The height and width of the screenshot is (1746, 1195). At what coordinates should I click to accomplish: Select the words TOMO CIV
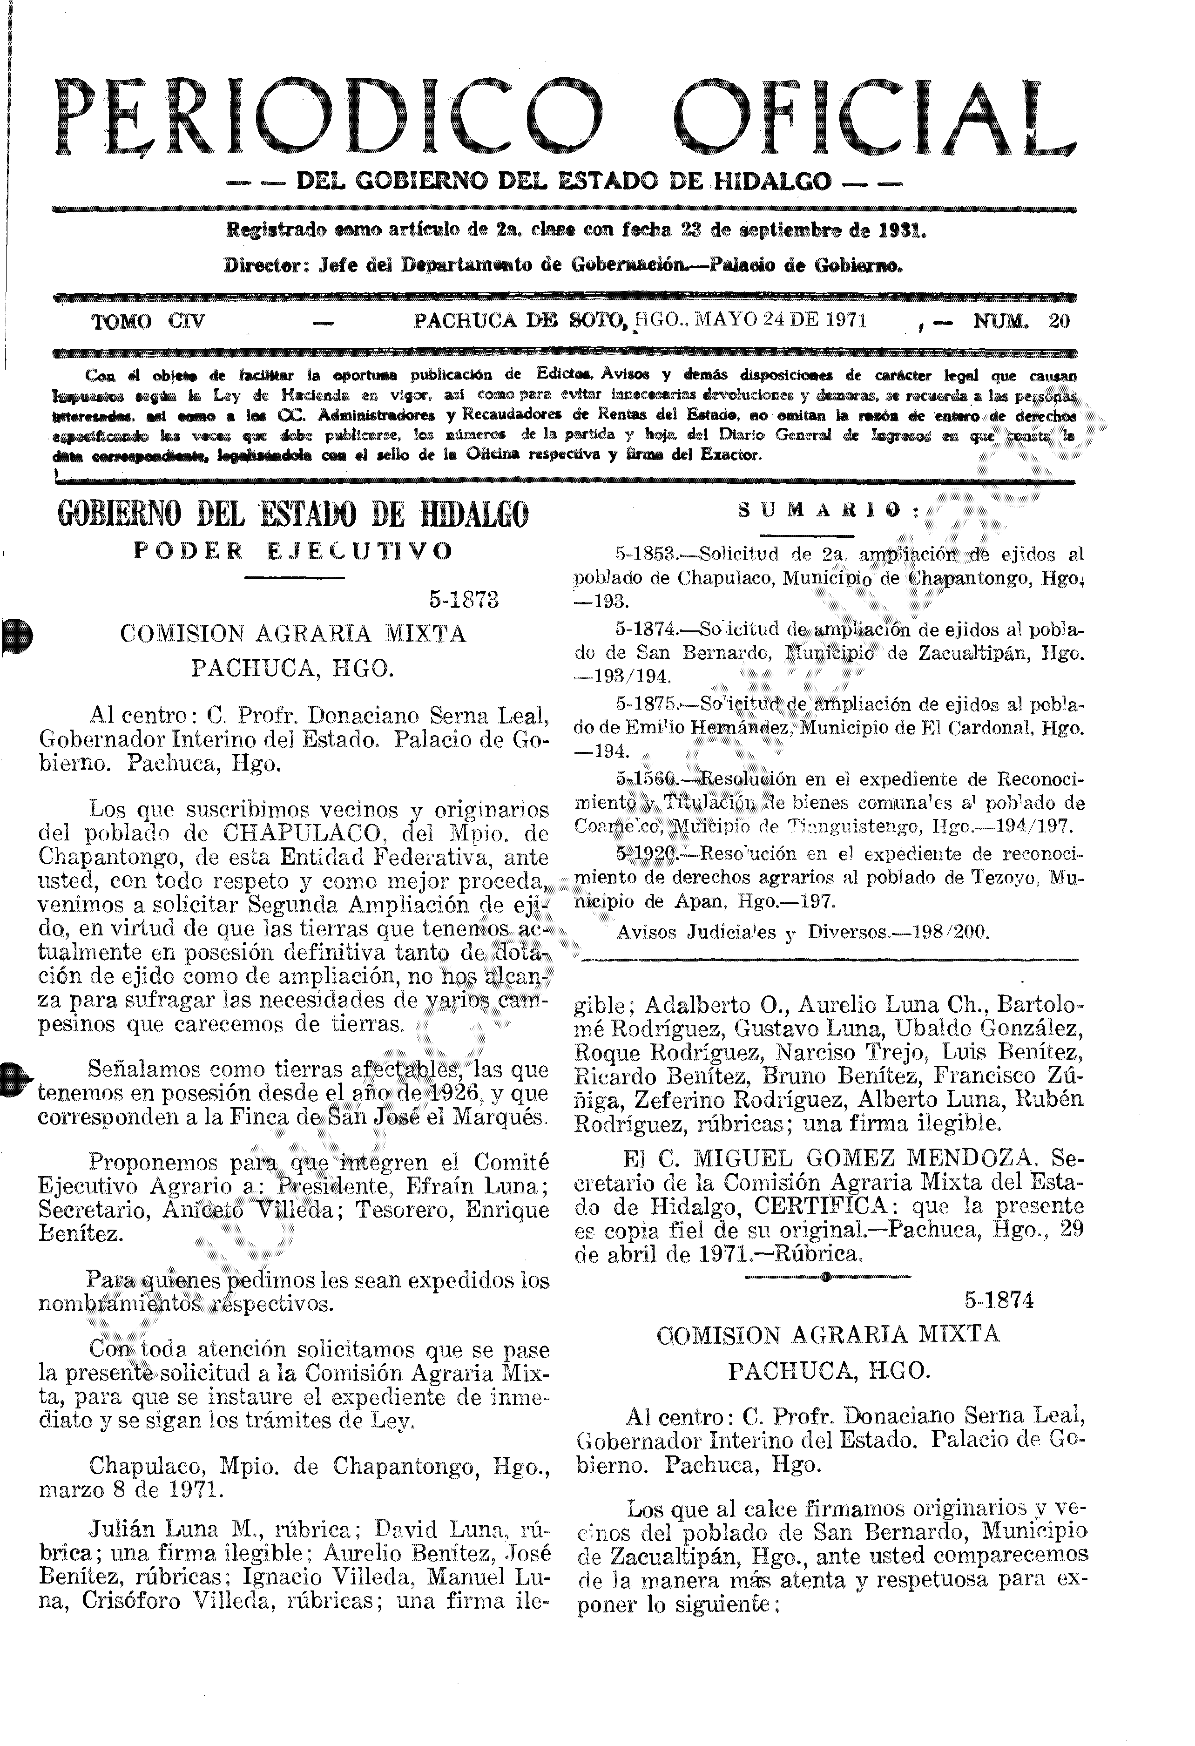[148, 322]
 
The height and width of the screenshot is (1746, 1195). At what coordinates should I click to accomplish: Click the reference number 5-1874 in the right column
[999, 1300]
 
